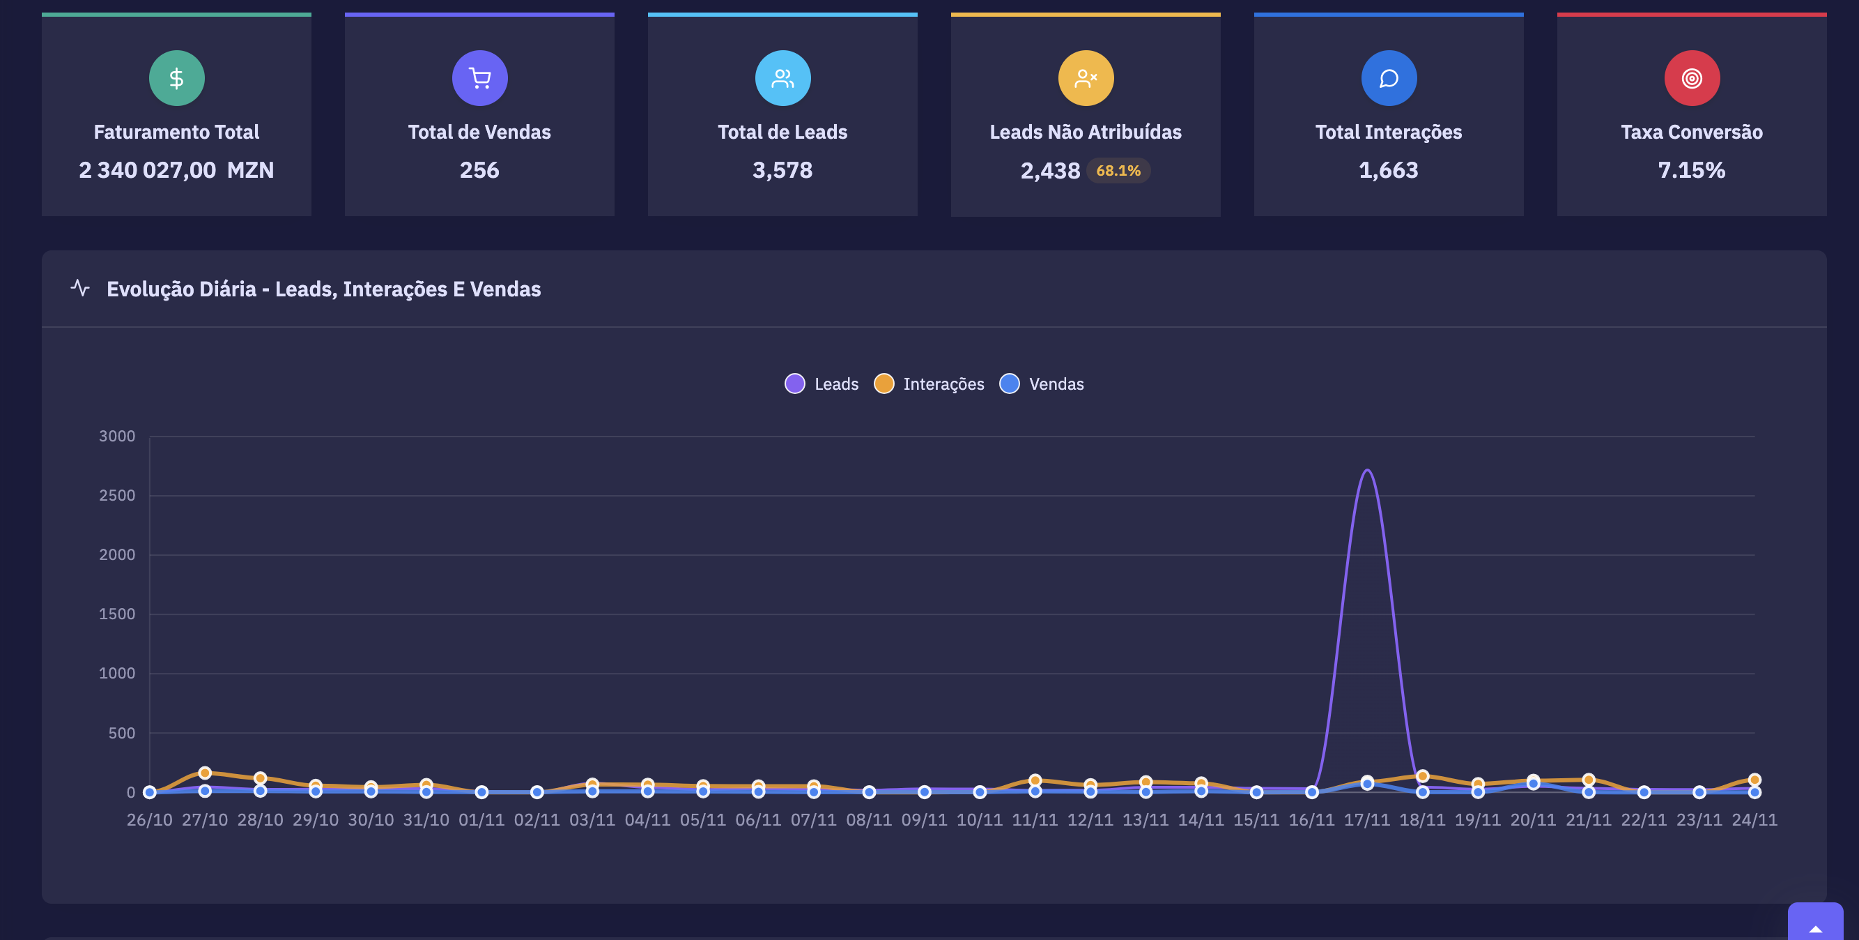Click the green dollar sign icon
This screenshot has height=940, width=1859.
[177, 78]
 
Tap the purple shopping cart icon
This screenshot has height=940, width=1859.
[480, 78]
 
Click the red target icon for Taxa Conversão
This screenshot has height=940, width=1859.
[1692, 78]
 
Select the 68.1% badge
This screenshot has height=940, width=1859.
[1118, 171]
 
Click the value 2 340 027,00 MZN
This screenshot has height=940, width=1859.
[176, 170]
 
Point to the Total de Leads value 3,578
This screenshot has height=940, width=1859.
[782, 170]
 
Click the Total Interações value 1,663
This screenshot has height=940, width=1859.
[1389, 170]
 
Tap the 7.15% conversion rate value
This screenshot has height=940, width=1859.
[1692, 170]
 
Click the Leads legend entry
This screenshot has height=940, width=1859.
[822, 384]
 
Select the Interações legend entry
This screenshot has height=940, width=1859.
[929, 384]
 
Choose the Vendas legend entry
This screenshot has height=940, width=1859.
[1042, 384]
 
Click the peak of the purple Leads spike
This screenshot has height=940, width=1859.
[1368, 471]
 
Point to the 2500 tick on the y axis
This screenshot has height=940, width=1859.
[117, 496]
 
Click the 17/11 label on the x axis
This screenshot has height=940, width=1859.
[1367, 820]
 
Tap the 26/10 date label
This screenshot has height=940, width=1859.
[149, 820]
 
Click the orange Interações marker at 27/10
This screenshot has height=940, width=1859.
[205, 773]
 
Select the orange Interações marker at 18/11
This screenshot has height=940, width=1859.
[1422, 776]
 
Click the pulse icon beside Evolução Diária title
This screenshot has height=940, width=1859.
[80, 288]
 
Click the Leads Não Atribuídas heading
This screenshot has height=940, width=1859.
[1086, 132]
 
